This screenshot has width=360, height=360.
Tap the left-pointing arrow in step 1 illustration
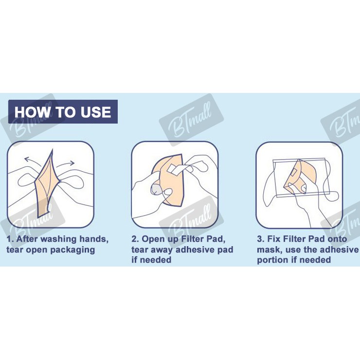33,160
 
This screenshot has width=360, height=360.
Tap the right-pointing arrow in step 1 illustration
66,164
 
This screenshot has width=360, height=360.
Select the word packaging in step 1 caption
72,250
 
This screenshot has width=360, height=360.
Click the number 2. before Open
135,239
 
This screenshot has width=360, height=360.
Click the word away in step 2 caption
162,250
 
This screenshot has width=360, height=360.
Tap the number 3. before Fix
261,239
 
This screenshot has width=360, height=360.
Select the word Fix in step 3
274,239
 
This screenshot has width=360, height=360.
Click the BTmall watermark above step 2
191,120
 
